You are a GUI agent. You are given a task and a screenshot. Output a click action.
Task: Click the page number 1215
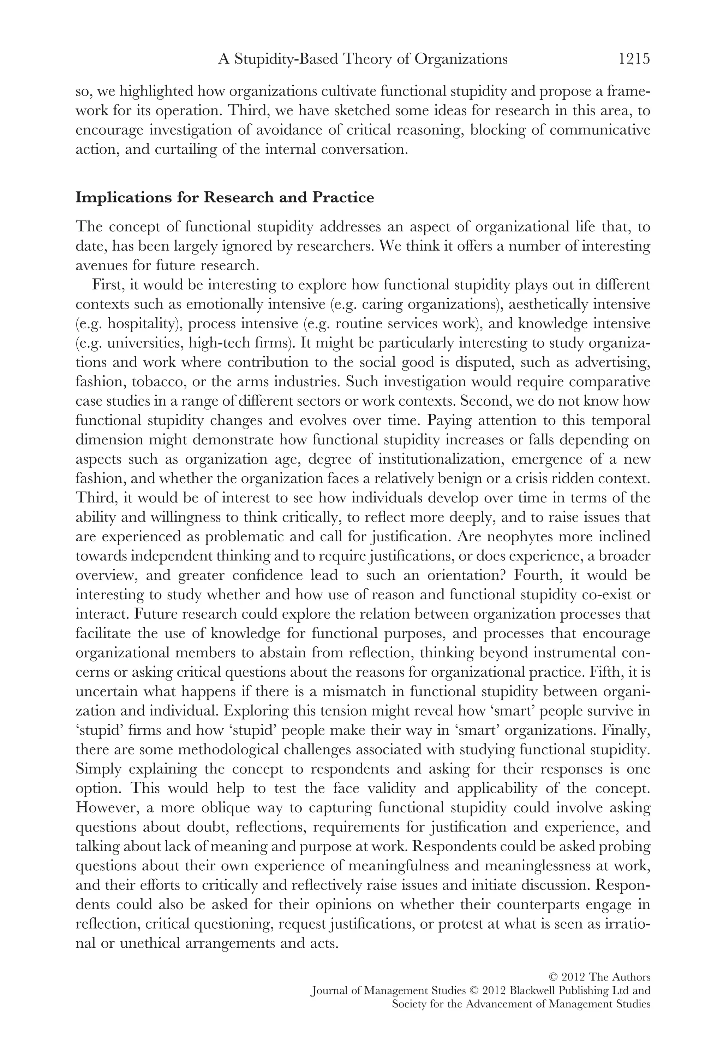tap(634, 59)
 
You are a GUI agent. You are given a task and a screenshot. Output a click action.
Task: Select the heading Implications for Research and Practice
tap(225, 198)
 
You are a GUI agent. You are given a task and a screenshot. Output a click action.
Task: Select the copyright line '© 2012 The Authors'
tap(600, 977)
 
